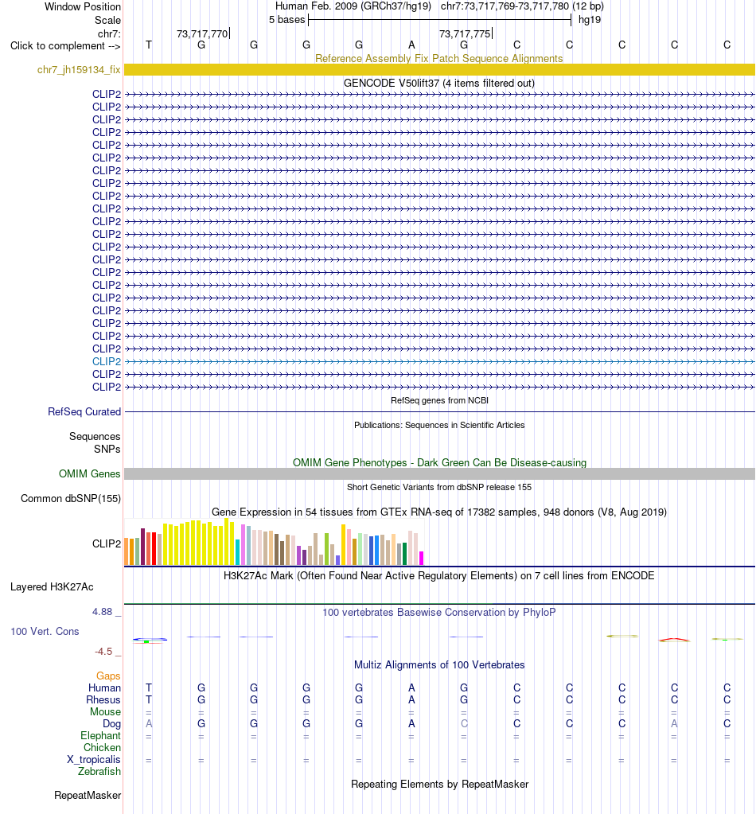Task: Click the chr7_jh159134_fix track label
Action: click(x=79, y=69)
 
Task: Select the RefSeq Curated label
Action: click(x=84, y=411)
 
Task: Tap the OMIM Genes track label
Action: click(x=89, y=473)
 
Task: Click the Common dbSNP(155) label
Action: click(x=71, y=498)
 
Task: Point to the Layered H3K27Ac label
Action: click(x=52, y=587)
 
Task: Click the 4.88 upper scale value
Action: click(x=103, y=612)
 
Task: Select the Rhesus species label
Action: click(x=103, y=699)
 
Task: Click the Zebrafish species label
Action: click(x=99, y=772)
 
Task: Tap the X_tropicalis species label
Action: click(x=93, y=759)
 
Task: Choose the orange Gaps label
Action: click(x=108, y=676)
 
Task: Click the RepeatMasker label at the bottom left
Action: click(x=88, y=796)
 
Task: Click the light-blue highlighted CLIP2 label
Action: click(x=107, y=361)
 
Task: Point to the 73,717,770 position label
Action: click(x=202, y=33)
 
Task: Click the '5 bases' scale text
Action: click(x=287, y=20)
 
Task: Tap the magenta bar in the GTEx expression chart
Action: click(x=422, y=558)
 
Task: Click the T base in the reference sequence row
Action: click(x=149, y=45)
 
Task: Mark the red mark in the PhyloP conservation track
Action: click(x=674, y=639)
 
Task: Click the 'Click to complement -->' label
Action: click(x=65, y=45)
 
